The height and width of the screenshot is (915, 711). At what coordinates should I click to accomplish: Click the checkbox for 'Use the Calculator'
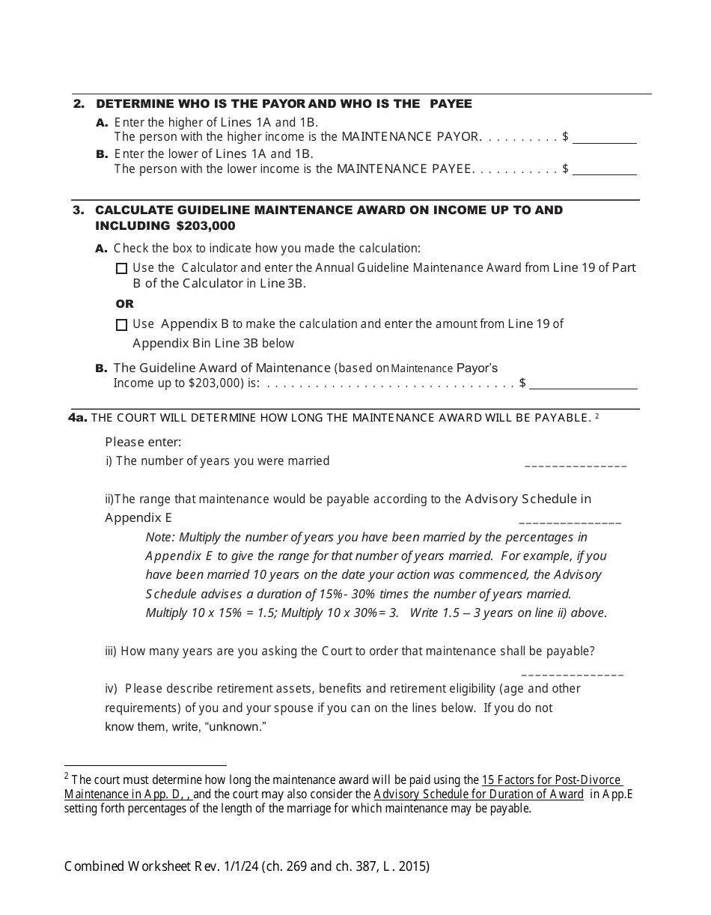click(122, 268)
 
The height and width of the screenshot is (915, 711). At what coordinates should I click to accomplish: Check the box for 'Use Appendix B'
click(122, 325)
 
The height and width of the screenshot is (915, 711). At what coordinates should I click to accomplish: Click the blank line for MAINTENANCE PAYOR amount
click(604, 139)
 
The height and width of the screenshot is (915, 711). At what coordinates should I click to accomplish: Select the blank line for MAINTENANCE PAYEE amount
click(604, 170)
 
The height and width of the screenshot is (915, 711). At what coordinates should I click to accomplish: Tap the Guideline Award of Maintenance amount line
click(583, 384)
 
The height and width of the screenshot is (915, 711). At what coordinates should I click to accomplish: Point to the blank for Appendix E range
click(570, 520)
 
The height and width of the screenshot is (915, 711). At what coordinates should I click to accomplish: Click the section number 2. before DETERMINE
click(79, 104)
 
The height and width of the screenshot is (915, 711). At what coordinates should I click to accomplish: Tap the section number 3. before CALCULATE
click(79, 210)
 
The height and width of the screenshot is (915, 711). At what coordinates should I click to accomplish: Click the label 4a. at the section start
click(78, 417)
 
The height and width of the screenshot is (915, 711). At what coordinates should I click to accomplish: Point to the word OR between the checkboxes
click(125, 304)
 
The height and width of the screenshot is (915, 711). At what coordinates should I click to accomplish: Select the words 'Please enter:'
click(143, 443)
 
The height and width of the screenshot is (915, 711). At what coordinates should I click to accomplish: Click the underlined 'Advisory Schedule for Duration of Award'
click(478, 794)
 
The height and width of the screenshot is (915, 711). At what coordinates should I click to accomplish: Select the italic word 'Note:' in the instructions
click(160, 537)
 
